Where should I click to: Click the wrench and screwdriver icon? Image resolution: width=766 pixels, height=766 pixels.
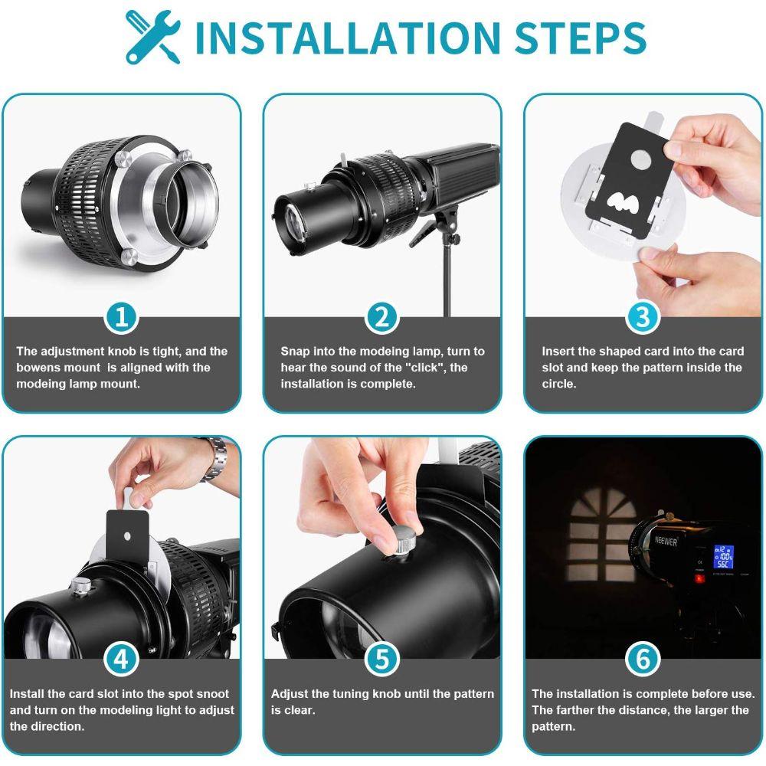pyautogui.click(x=153, y=37)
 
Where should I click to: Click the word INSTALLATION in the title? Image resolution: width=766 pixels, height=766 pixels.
pyautogui.click(x=347, y=38)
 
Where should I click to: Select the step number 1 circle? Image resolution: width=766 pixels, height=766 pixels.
pyautogui.click(x=121, y=318)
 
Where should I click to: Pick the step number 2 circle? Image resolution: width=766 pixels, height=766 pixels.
pyautogui.click(x=382, y=318)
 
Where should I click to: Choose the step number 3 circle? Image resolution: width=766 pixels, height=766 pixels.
pyautogui.click(x=643, y=318)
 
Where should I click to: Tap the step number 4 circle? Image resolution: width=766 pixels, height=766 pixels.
pyautogui.click(x=121, y=660)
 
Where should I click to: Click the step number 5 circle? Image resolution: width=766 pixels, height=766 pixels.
pyautogui.click(x=382, y=660)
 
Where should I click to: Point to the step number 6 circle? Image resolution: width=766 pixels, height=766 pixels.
pyautogui.click(x=643, y=660)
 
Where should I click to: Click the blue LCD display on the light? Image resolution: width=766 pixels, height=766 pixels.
pyautogui.click(x=724, y=557)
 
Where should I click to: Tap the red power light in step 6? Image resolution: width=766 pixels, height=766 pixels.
pyautogui.click(x=700, y=579)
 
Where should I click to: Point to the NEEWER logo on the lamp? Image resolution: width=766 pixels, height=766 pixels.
pyautogui.click(x=666, y=541)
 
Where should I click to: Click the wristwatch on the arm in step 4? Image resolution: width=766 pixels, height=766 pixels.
pyautogui.click(x=215, y=458)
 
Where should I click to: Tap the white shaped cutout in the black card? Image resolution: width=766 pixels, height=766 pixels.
pyautogui.click(x=622, y=202)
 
